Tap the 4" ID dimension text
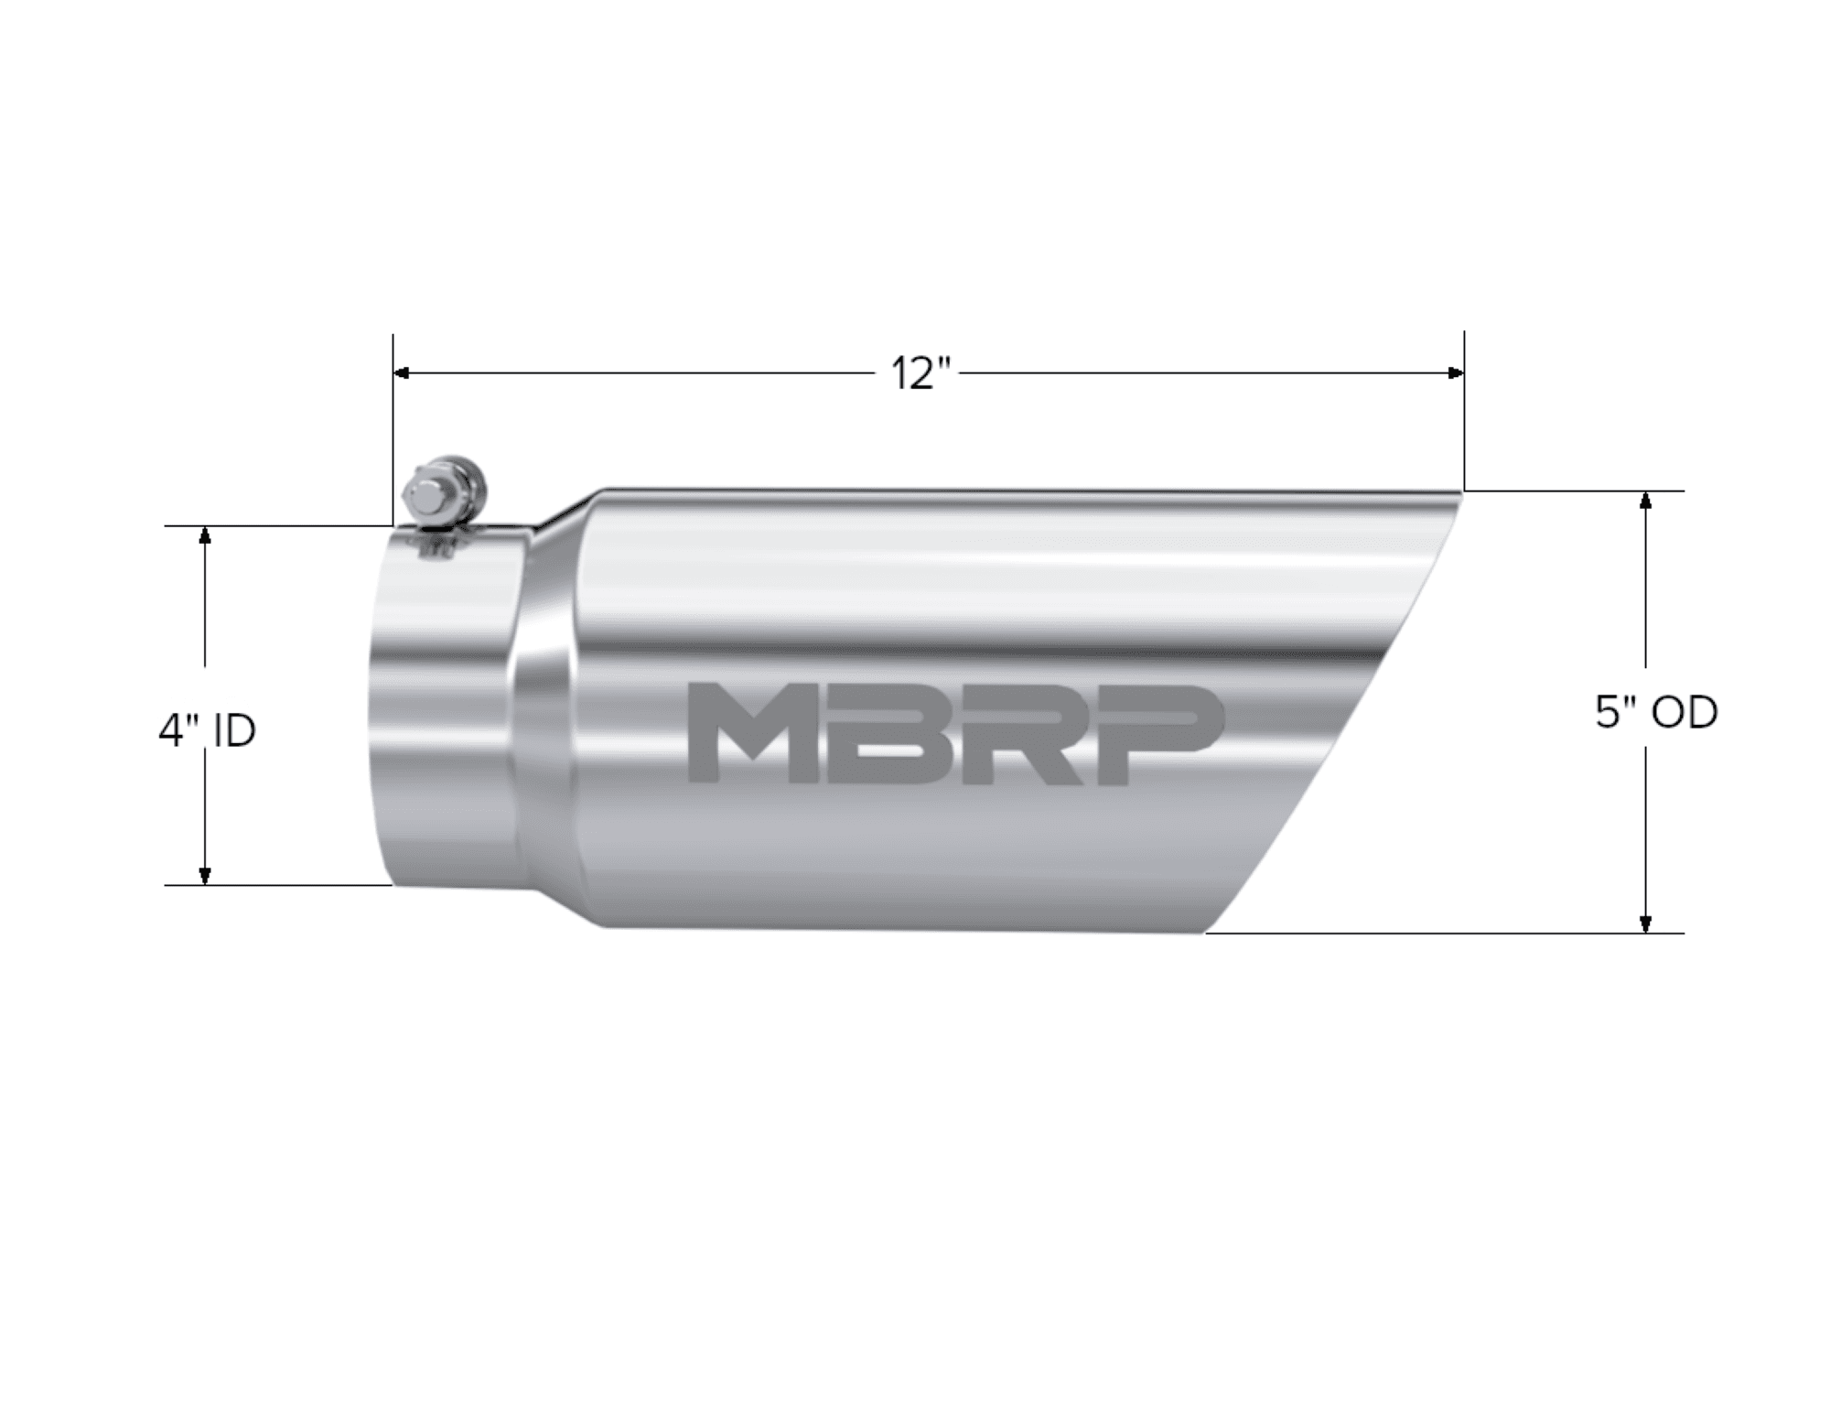[x=207, y=731]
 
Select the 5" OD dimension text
[x=1656, y=713]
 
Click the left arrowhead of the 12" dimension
[x=401, y=373]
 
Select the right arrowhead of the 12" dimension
[x=1456, y=373]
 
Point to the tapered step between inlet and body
[x=549, y=714]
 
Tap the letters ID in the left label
[x=233, y=731]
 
